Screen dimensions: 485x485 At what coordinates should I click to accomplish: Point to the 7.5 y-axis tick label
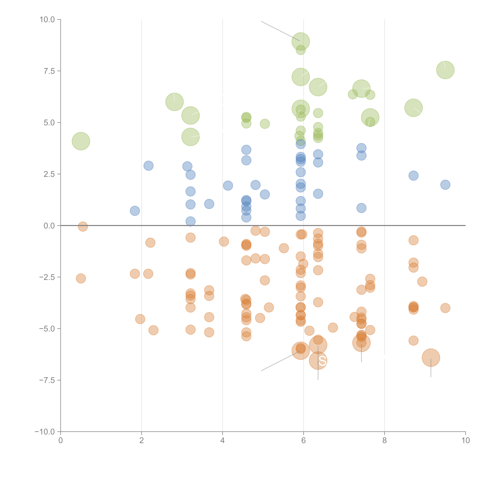point(49,71)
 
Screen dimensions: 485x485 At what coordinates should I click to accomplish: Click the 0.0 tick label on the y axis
point(49,226)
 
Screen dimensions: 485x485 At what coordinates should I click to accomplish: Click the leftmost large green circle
point(81,141)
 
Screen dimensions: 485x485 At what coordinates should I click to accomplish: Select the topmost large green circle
point(301,41)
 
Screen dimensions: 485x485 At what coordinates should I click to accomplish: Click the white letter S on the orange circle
point(322,361)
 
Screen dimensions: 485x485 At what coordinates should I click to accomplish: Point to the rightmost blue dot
point(445,185)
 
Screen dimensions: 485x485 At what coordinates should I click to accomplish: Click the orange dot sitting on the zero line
point(83,226)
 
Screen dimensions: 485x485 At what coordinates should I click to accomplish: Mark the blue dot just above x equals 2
point(148,166)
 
